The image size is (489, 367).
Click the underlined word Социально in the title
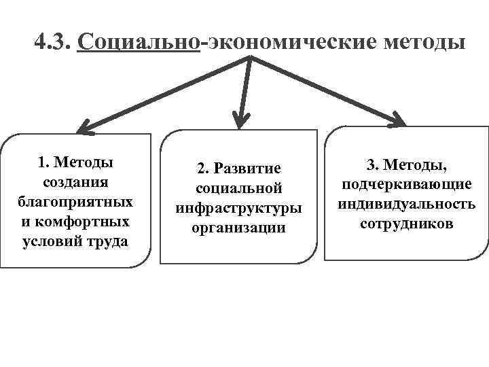tap(139, 43)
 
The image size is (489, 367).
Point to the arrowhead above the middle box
tap(238, 120)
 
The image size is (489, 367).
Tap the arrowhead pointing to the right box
tap(397, 120)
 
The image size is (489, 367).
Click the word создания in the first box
tap(75, 183)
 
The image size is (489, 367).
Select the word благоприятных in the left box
tap(75, 203)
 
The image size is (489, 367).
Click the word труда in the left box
tap(108, 242)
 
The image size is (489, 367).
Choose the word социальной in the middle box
tap(238, 188)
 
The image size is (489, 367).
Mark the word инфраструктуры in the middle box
tap(238, 207)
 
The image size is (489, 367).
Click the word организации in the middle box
tap(238, 228)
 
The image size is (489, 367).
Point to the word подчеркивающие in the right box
tap(407, 184)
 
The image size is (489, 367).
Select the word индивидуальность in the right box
tap(407, 204)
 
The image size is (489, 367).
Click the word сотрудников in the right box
tap(407, 224)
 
